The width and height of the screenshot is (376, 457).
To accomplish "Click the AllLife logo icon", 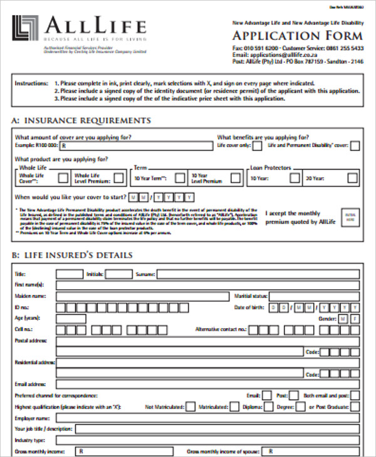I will (24, 29).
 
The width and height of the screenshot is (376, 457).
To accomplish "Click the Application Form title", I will (298, 34).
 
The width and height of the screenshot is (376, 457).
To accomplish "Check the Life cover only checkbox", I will (258, 145).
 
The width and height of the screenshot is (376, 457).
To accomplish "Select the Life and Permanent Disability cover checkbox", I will (355, 145).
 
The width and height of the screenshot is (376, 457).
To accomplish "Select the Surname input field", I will (258, 274).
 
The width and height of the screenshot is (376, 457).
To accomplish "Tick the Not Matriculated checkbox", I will (189, 407).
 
